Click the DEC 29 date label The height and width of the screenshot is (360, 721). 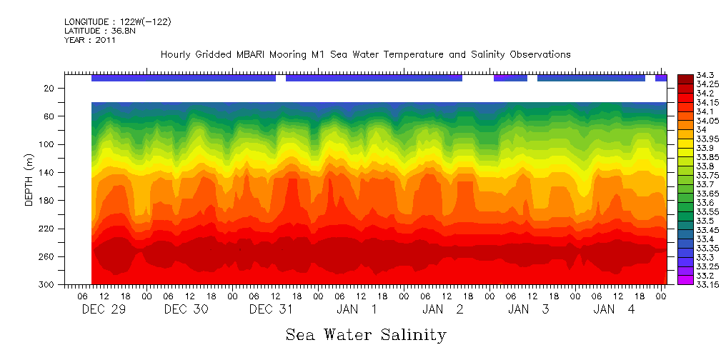[100, 309]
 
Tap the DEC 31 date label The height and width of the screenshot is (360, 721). [272, 309]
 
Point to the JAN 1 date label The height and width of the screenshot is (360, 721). [357, 309]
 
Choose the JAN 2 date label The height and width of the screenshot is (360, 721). [443, 309]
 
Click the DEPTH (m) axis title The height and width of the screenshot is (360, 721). [29, 181]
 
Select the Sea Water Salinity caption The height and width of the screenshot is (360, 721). [366, 335]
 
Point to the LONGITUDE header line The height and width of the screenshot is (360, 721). [117, 22]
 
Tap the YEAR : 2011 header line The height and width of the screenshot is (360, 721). [90, 40]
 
